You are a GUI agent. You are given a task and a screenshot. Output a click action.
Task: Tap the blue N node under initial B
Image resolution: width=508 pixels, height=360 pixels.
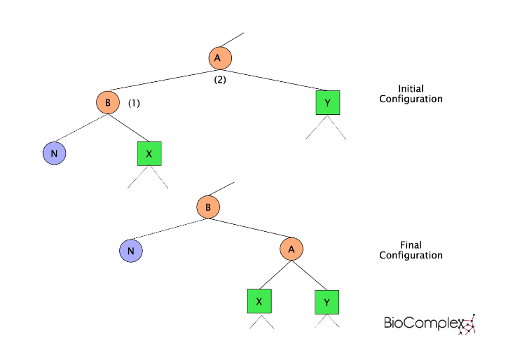coord(54,153)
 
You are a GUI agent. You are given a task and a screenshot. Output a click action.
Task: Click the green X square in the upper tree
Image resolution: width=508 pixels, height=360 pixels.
coord(149,153)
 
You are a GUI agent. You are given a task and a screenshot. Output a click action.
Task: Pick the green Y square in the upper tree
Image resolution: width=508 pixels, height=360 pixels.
coord(327,103)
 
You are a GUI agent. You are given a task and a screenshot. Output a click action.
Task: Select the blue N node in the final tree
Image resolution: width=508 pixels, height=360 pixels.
coord(131,250)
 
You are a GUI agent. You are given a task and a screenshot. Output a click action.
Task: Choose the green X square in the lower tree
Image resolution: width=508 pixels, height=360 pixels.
coord(259,301)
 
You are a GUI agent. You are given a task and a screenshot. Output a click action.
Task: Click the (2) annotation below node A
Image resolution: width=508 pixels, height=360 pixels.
coord(220,79)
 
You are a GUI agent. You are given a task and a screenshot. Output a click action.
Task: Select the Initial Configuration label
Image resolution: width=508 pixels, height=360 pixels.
coord(411,94)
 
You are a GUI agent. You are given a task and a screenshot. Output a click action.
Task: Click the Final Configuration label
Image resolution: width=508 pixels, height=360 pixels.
coord(411,250)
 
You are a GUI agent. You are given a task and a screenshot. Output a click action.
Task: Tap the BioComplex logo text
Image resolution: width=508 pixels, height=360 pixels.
coord(420,323)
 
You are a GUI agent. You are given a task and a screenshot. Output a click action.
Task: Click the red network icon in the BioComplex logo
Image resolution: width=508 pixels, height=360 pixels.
coord(467,323)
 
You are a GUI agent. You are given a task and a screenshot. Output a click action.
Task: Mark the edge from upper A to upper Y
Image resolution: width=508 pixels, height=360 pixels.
coord(273,81)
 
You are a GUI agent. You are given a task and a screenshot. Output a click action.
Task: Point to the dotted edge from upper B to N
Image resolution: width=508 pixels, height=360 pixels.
coord(81,127)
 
